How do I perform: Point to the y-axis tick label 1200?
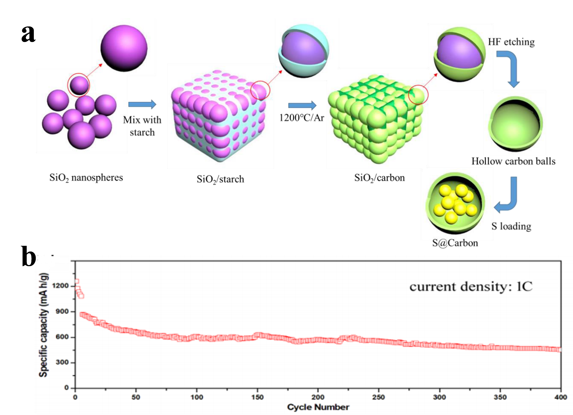click(60, 286)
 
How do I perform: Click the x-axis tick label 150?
click(257, 397)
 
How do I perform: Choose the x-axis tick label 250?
click(378, 397)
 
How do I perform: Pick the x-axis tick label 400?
click(561, 397)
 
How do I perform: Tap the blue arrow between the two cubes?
click(302, 105)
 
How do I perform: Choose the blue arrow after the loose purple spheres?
click(142, 104)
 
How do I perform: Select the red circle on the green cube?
click(418, 94)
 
